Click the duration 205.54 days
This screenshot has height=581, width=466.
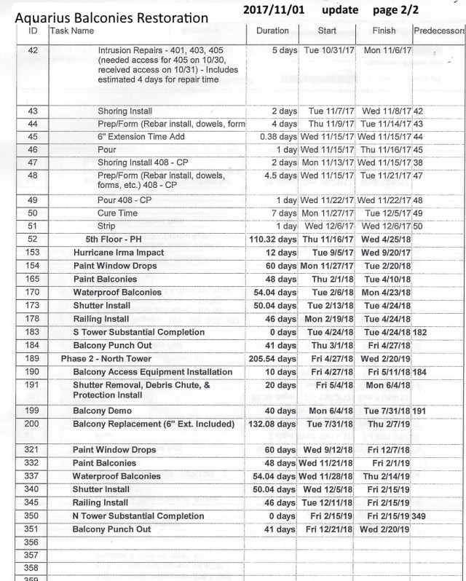(268, 359)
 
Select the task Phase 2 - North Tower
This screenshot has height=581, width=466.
(106, 359)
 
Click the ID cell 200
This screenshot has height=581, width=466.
(32, 424)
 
